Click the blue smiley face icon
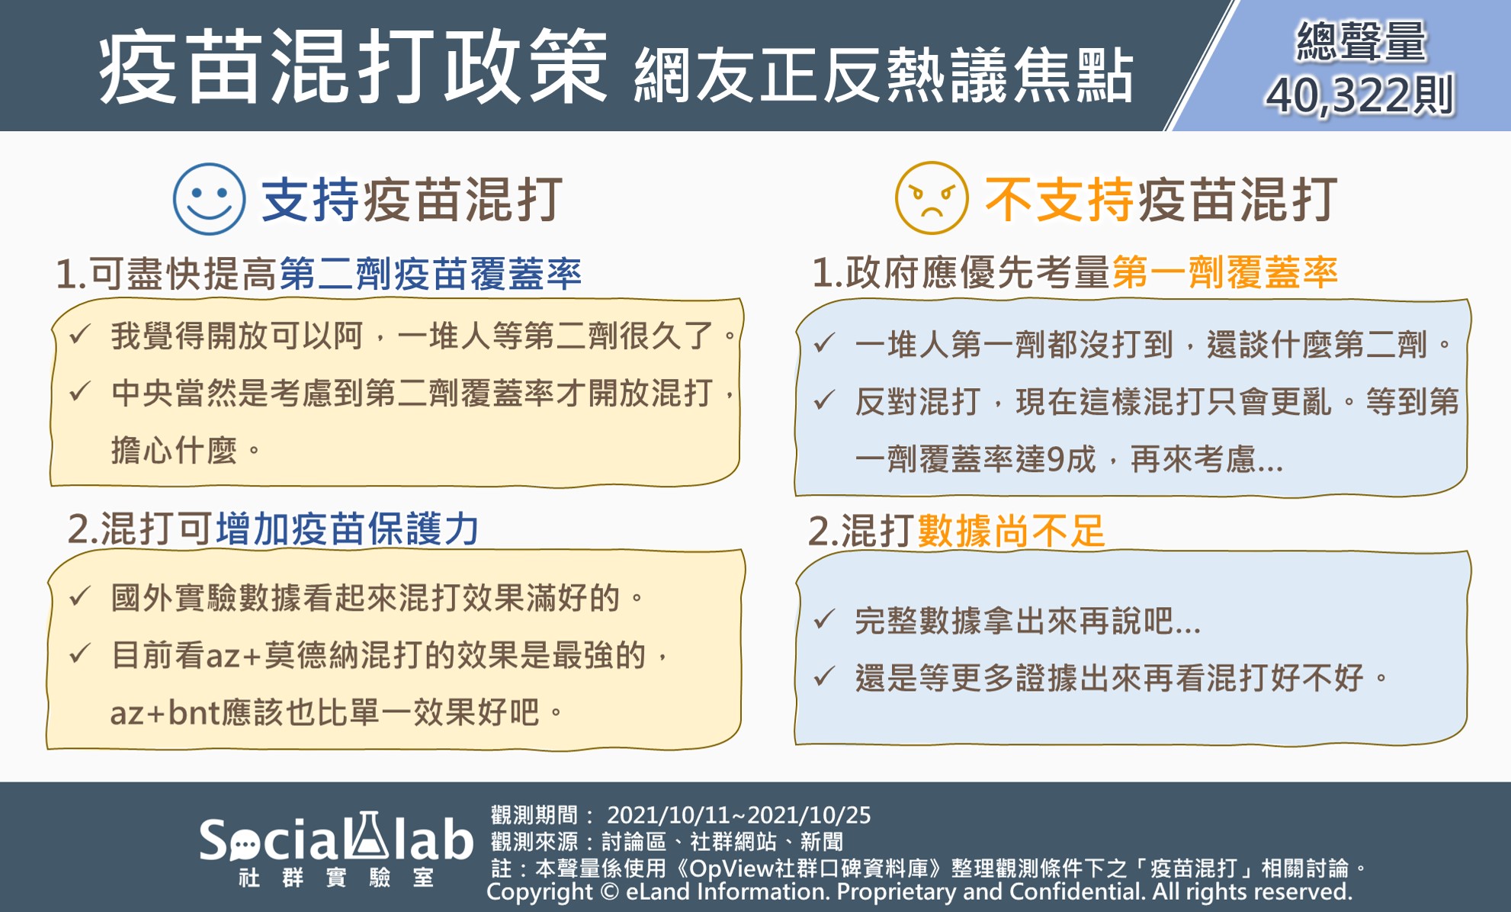click(x=209, y=199)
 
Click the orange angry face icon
click(x=932, y=198)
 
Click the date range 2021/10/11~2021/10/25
click(x=739, y=815)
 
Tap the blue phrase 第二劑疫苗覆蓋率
click(x=431, y=274)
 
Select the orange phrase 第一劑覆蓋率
click(x=1225, y=272)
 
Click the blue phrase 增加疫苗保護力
click(x=348, y=528)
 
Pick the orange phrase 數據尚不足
click(x=1012, y=531)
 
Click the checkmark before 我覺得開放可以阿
click(x=80, y=334)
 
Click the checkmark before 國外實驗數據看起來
click(x=80, y=596)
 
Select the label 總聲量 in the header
click(x=1361, y=41)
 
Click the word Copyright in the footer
click(x=540, y=891)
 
